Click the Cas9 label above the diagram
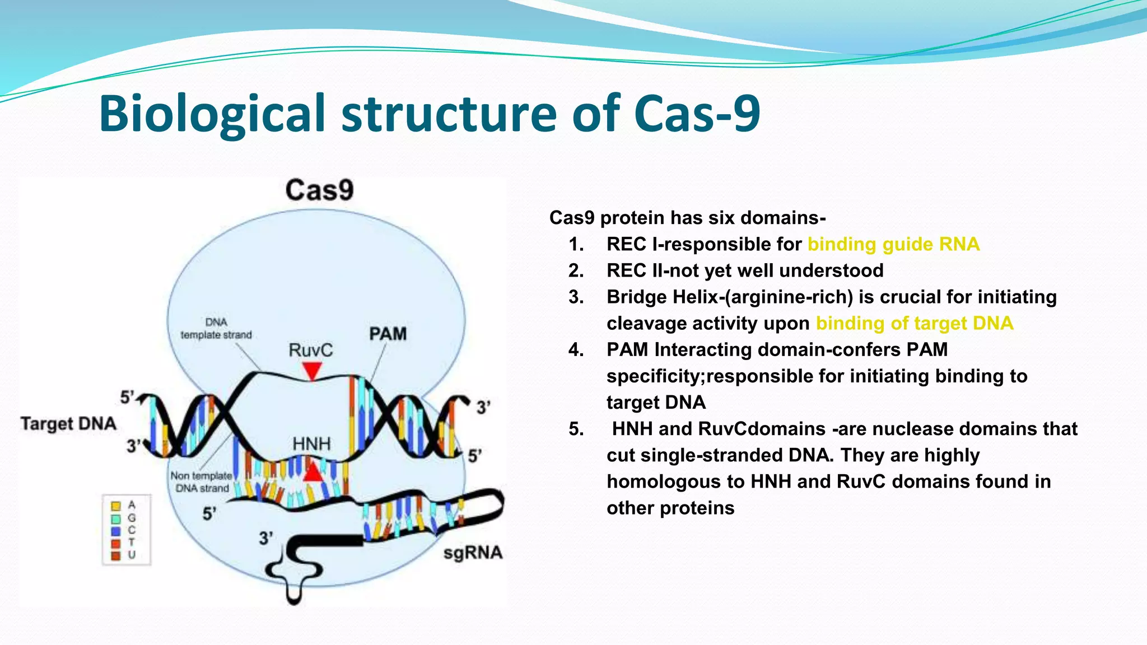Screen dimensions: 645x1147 pyautogui.click(x=319, y=190)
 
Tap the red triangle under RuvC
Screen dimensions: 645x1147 pyautogui.click(x=311, y=370)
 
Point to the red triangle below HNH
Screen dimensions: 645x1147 pyautogui.click(x=313, y=473)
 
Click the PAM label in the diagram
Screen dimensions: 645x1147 pyautogui.click(x=388, y=334)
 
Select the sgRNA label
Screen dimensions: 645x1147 pyautogui.click(x=473, y=553)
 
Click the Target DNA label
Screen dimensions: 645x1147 pyautogui.click(x=68, y=423)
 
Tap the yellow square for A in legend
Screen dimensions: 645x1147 pyautogui.click(x=116, y=506)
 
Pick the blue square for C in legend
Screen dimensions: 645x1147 pyautogui.click(x=116, y=530)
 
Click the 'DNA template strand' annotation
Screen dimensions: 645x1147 pyautogui.click(x=216, y=329)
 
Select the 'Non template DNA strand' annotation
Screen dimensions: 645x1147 pyautogui.click(x=202, y=482)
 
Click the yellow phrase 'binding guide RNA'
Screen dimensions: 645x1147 pyautogui.click(x=893, y=244)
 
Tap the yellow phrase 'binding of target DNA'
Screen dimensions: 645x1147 pyautogui.click(x=914, y=323)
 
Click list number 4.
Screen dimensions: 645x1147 pyautogui.click(x=576, y=350)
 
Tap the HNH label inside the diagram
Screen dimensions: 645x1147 pyautogui.click(x=311, y=444)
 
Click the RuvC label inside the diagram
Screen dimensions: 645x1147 pyautogui.click(x=310, y=350)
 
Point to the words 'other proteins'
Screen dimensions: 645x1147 pyautogui.click(x=670, y=508)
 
